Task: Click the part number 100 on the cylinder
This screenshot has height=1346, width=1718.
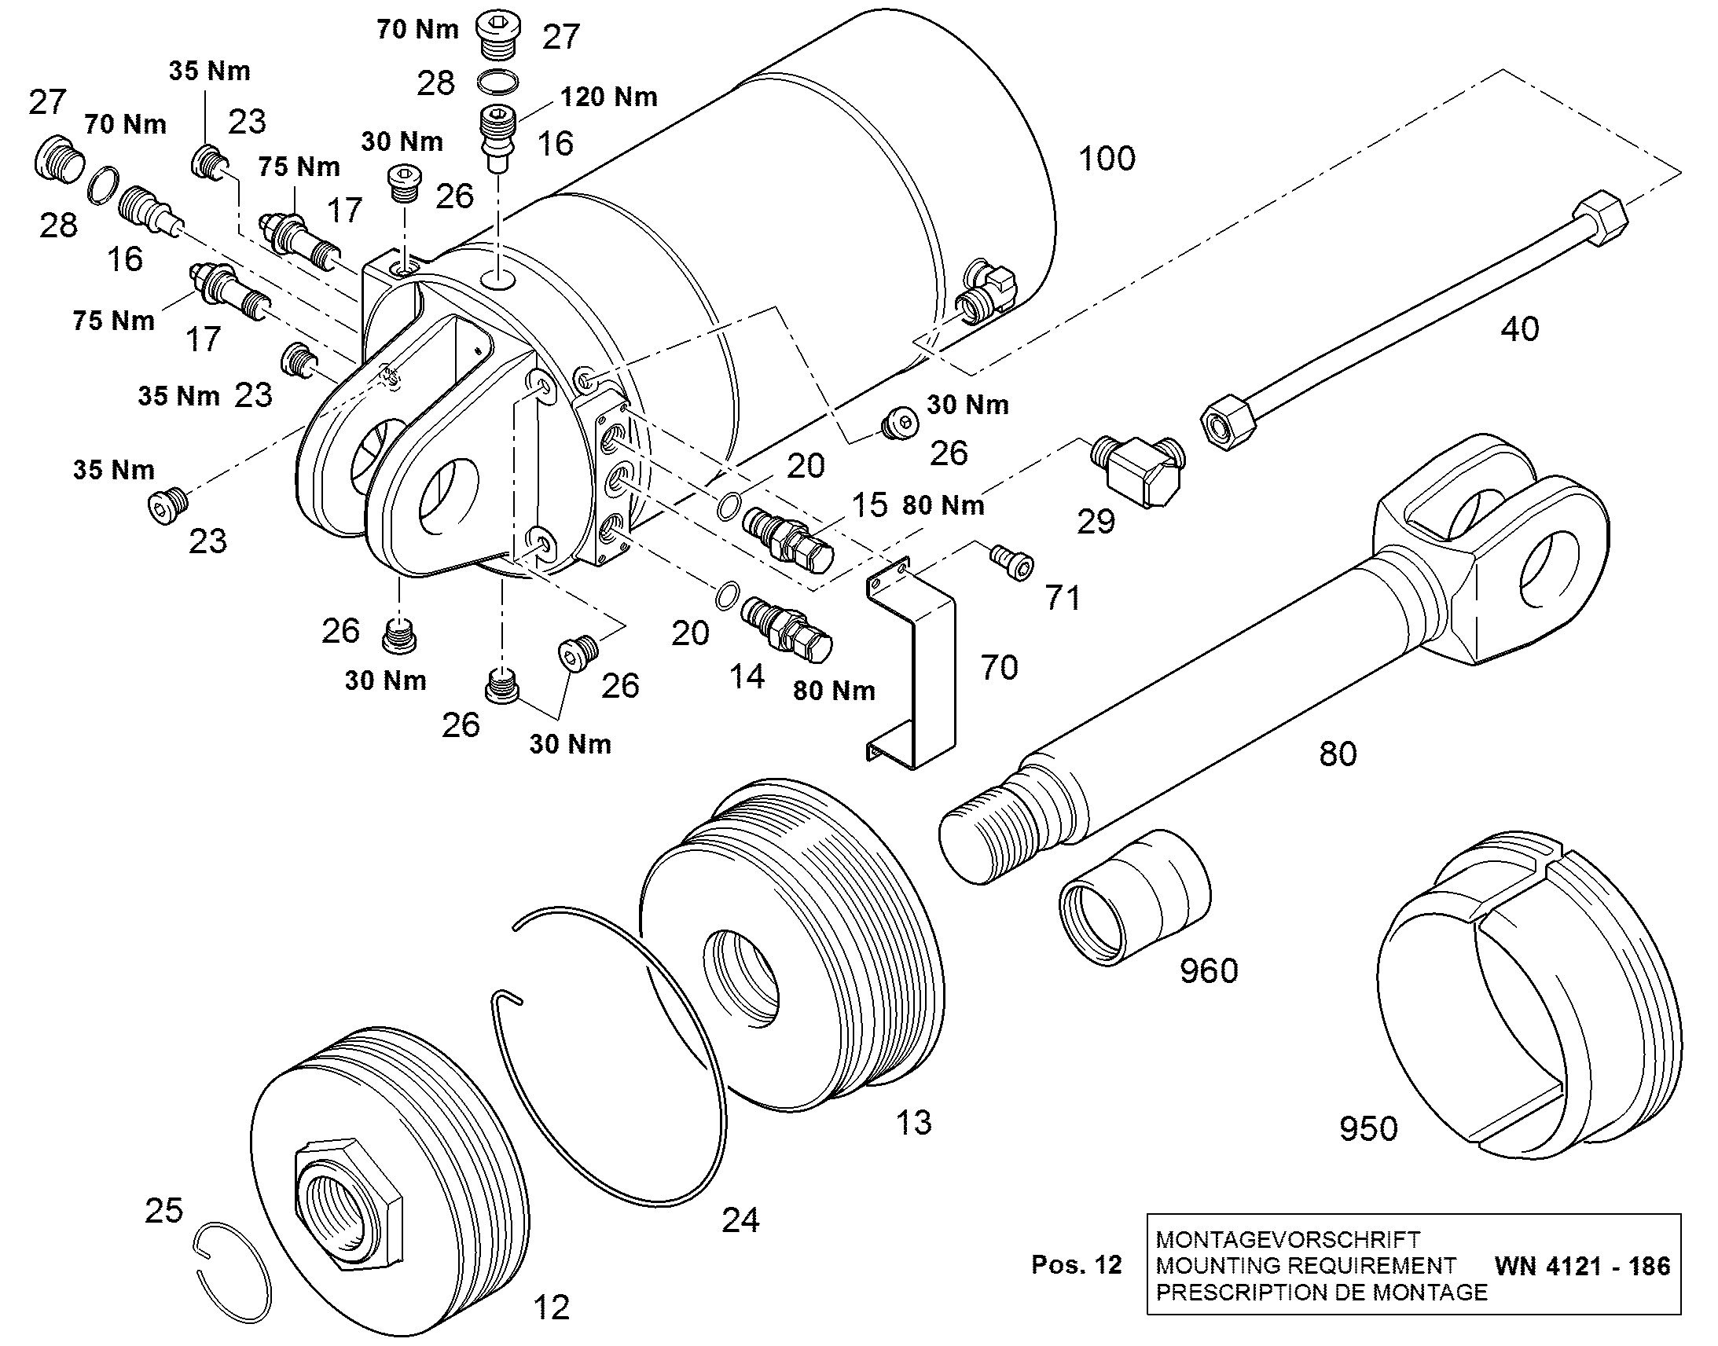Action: point(1107,159)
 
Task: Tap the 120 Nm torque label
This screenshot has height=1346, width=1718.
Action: point(608,97)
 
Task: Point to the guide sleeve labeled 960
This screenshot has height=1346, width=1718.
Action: point(1135,897)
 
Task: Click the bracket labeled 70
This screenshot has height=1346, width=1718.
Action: point(912,662)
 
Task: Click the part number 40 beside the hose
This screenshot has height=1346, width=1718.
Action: point(1519,328)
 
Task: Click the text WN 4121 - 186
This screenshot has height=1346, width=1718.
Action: point(1583,1266)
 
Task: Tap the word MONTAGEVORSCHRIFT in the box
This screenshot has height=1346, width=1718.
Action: point(1287,1239)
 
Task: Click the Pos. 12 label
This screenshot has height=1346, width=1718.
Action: point(1077,1265)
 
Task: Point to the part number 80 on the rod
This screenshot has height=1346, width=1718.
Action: point(1338,754)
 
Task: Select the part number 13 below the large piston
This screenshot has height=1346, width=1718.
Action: point(913,1123)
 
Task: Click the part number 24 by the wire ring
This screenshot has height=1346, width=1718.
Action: point(741,1220)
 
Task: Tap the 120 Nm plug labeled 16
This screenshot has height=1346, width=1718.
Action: point(498,139)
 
